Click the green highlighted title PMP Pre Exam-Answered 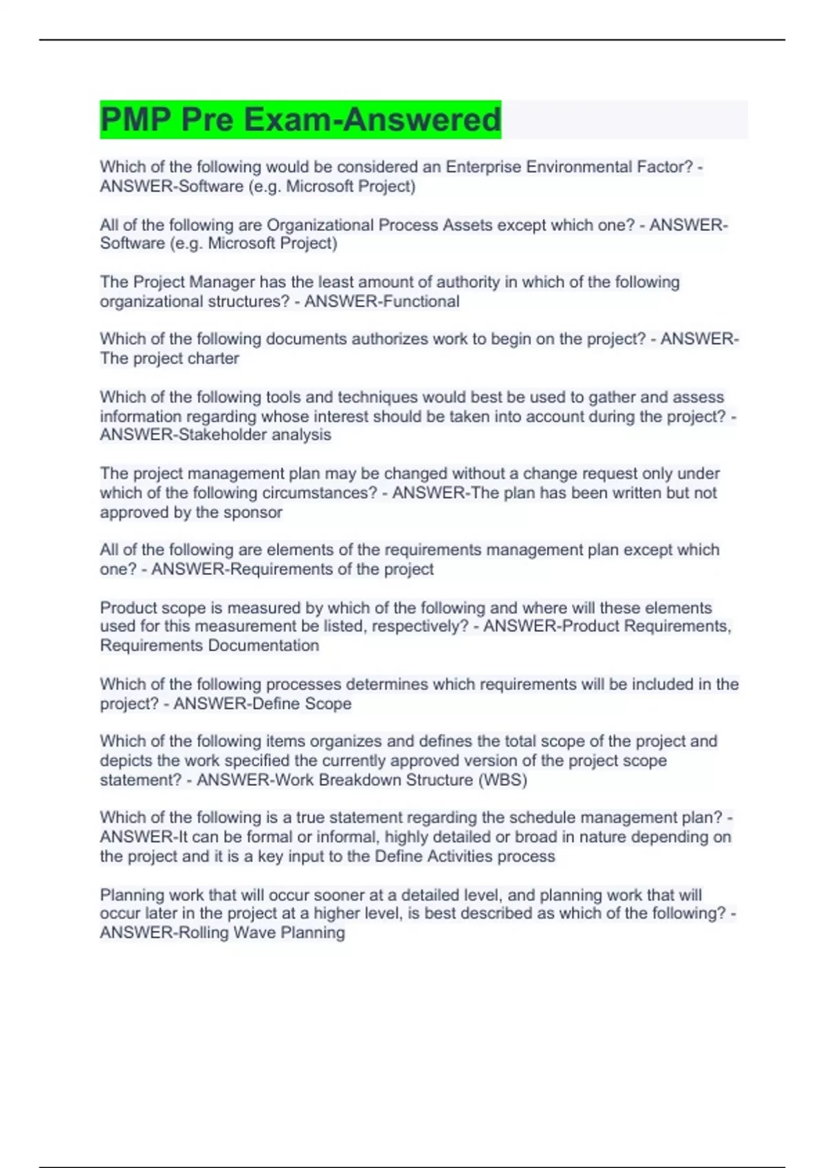click(300, 120)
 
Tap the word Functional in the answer click(421, 302)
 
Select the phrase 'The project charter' click(169, 359)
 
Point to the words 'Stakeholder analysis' click(254, 435)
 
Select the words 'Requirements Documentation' click(210, 646)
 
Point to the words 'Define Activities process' click(465, 857)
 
